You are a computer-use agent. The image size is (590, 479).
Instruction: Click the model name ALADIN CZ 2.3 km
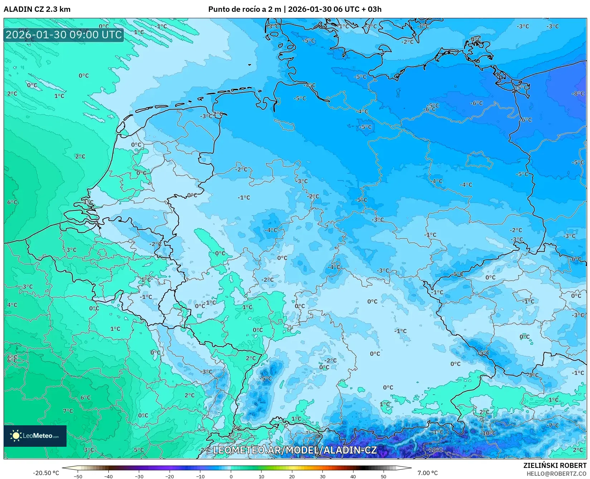click(x=37, y=9)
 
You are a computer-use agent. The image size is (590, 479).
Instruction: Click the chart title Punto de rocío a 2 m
click(x=245, y=9)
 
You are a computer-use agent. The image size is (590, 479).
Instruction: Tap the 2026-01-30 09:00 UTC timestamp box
click(x=64, y=35)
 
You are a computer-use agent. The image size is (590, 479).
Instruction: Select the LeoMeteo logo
click(x=35, y=436)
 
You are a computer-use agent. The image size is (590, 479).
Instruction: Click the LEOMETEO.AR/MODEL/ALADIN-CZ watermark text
click(x=295, y=450)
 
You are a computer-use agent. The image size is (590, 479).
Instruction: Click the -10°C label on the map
click(x=488, y=433)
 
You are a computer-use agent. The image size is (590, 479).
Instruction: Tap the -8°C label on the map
click(x=577, y=93)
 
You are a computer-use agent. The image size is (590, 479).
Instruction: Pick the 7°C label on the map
click(x=68, y=411)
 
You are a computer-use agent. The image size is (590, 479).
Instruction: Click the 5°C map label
click(x=139, y=450)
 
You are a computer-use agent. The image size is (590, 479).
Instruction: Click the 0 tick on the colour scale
click(x=231, y=476)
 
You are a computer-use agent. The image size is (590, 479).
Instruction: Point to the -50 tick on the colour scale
click(x=78, y=476)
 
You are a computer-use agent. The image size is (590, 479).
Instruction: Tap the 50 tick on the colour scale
click(x=384, y=476)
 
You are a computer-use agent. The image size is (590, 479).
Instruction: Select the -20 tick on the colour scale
click(x=170, y=476)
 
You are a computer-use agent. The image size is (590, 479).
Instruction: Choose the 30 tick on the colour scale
click(x=323, y=476)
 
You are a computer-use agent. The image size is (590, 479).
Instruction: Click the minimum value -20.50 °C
click(x=46, y=473)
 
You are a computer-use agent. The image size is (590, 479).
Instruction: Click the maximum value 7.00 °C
click(x=428, y=473)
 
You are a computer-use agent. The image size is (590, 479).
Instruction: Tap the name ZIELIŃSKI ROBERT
click(x=555, y=466)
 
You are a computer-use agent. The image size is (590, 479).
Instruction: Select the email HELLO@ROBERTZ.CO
click(x=556, y=474)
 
